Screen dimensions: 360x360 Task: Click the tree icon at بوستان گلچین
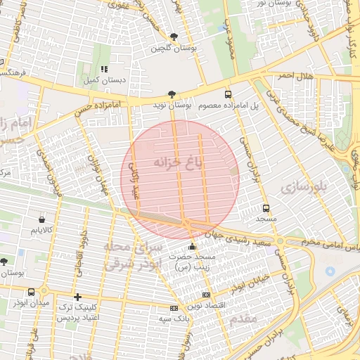(174, 37)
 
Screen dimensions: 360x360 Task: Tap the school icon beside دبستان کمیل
(104, 69)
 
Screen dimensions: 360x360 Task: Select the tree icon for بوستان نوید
(172, 94)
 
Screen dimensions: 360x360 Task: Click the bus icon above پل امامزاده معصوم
(227, 94)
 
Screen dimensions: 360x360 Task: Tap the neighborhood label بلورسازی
(304, 187)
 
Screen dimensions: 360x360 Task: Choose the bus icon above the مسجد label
(266, 208)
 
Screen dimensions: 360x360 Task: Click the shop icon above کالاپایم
(42, 219)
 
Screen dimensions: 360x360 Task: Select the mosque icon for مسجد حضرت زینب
(193, 246)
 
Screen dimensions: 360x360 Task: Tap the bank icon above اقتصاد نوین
(205, 295)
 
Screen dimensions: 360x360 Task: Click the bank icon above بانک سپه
(173, 308)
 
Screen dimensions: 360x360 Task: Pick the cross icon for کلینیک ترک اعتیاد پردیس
(77, 297)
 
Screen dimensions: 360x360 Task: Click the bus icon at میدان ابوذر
(31, 292)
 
